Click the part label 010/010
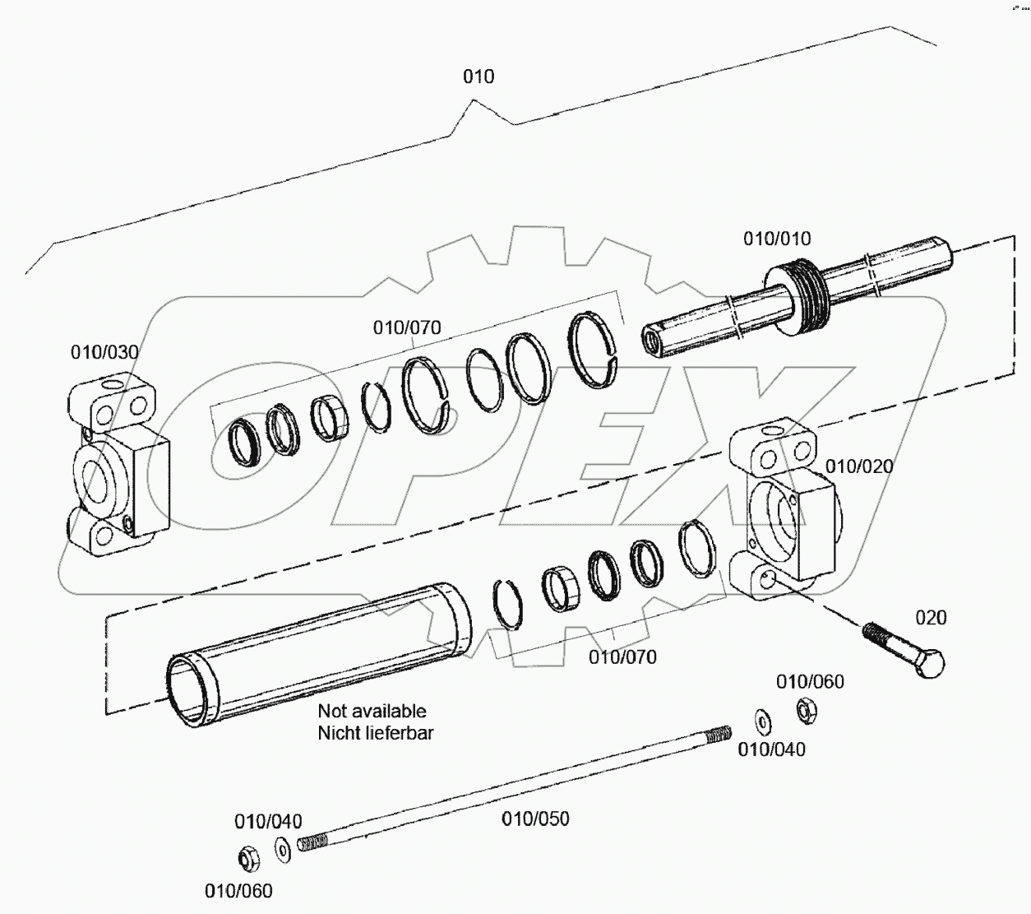coord(777,239)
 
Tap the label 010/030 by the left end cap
coord(104,352)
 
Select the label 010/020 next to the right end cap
coord(858,466)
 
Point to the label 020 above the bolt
coord(931,618)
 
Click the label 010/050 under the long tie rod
coord(535,819)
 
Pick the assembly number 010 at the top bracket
coord(479,77)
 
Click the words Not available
coord(372,711)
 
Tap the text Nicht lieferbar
coord(375,732)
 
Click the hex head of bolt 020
coord(929,663)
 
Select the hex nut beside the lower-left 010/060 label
coord(246,859)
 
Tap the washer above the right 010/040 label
coord(763,721)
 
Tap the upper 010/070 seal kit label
coord(407,327)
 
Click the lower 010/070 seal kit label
coord(622,657)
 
